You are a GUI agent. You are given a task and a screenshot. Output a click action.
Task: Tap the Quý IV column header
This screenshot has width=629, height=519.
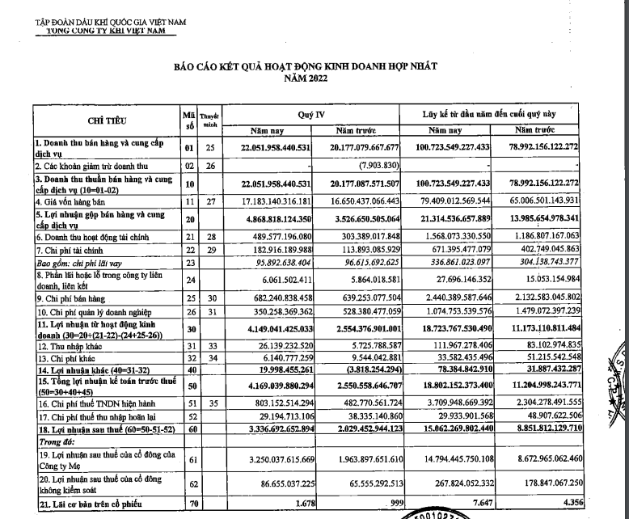pyautogui.click(x=310, y=115)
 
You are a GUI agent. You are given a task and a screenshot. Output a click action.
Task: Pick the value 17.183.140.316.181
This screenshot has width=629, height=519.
pyautogui.click(x=268, y=199)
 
